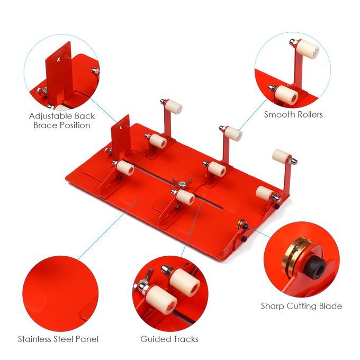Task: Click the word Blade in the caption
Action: tap(330, 306)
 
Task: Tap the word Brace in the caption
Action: tap(45, 125)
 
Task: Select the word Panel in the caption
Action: tap(87, 339)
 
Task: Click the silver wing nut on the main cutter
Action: tap(182, 183)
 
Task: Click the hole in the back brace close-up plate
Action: tap(59, 59)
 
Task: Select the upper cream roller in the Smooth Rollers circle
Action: tap(308, 49)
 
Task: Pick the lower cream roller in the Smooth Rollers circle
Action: tap(286, 95)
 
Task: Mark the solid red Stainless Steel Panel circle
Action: tap(60, 294)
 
